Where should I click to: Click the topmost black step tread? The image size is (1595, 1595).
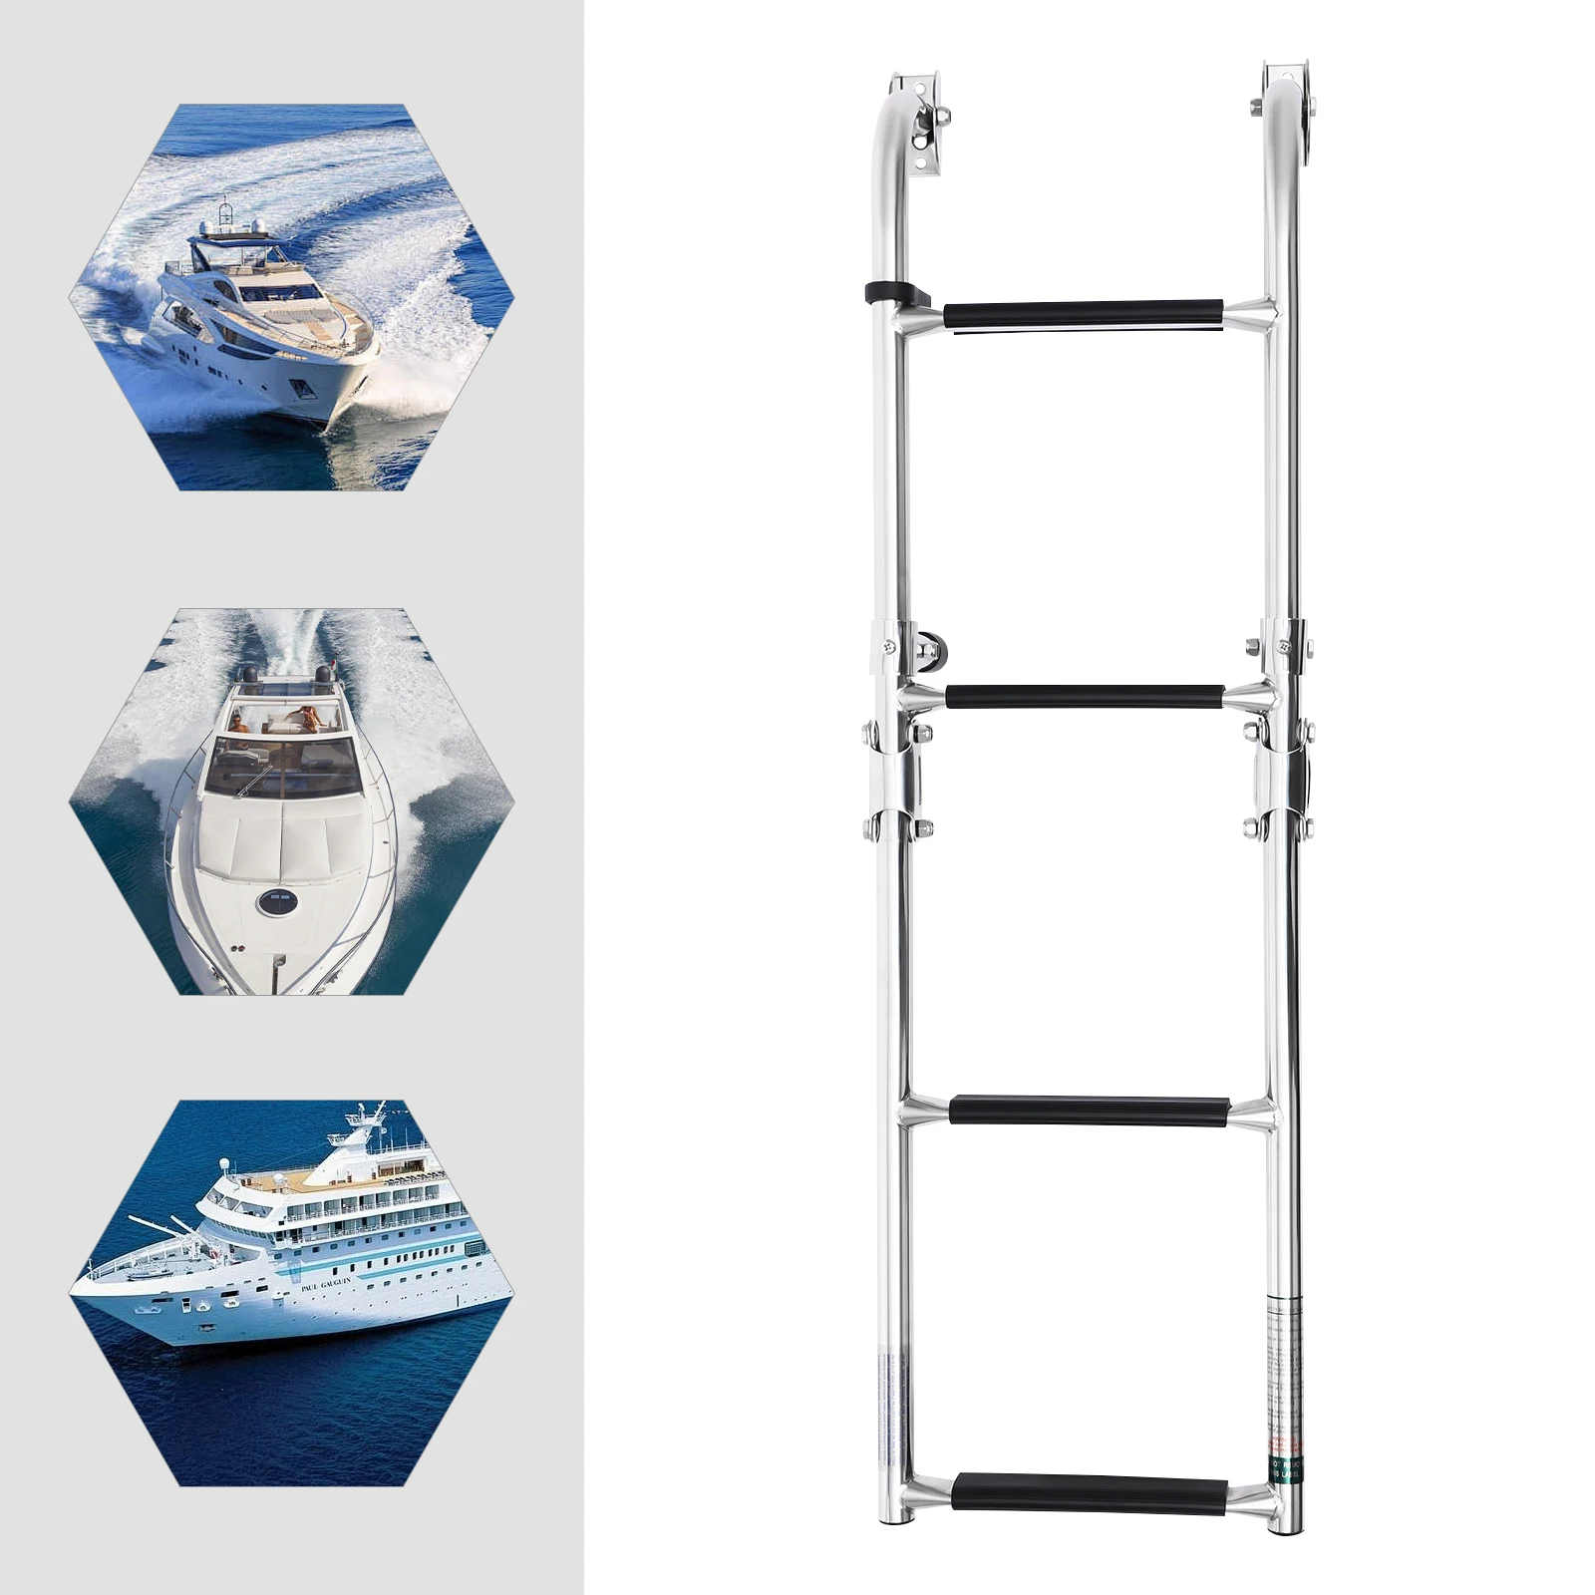pyautogui.click(x=1084, y=314)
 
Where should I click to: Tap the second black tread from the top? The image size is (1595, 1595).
pyautogui.click(x=1085, y=696)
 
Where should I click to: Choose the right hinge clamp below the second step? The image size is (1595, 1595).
pyautogui.click(x=1286, y=778)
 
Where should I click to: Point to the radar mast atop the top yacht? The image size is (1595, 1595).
pyautogui.click(x=227, y=212)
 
